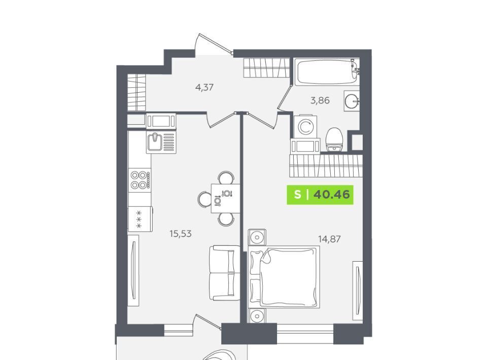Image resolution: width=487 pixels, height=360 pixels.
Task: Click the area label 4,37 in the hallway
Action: (x=204, y=88)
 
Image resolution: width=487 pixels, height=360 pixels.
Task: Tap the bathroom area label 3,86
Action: (x=320, y=100)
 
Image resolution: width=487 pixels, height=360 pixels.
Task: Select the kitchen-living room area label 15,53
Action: (x=181, y=233)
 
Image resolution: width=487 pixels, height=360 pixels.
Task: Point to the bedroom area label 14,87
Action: (x=329, y=239)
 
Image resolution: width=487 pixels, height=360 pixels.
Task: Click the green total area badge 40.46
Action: (x=320, y=195)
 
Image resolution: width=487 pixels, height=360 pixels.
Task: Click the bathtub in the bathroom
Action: (x=327, y=71)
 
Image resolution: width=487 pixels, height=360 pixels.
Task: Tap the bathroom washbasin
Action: (x=352, y=100)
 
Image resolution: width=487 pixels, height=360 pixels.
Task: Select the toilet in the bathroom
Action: (x=334, y=139)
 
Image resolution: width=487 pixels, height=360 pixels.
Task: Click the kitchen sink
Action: (x=161, y=142)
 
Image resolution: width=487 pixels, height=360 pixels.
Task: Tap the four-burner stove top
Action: (x=140, y=180)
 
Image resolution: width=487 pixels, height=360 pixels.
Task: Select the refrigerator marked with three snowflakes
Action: (x=140, y=219)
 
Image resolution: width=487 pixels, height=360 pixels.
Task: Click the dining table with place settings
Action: (x=225, y=198)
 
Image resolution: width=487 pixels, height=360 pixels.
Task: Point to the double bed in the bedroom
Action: (x=284, y=277)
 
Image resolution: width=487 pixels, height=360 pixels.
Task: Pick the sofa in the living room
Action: (x=225, y=273)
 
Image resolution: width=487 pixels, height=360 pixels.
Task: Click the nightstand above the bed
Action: (x=257, y=237)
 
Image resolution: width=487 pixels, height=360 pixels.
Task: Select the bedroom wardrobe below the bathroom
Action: (x=326, y=166)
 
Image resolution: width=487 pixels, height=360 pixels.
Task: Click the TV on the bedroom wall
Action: (x=358, y=291)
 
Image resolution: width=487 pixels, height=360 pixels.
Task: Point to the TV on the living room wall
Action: (x=133, y=270)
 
